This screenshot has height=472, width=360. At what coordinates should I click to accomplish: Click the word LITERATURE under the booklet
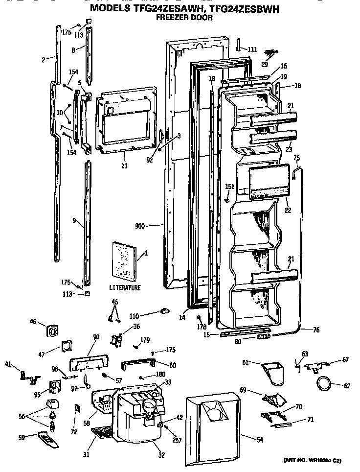[125, 288]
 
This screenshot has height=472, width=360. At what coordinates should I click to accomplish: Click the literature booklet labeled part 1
[124, 260]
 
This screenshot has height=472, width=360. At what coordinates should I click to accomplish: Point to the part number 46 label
[33, 322]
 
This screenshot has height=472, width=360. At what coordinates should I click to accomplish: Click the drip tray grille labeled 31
[104, 432]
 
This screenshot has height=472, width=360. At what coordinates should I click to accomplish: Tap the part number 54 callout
[259, 439]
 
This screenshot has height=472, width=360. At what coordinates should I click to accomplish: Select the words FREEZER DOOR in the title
[184, 18]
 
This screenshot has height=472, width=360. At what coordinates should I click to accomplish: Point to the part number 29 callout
[265, 65]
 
